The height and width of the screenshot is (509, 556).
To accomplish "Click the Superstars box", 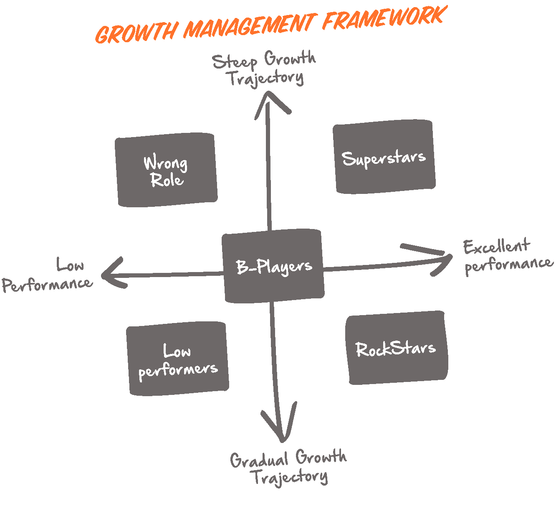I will coord(384,157).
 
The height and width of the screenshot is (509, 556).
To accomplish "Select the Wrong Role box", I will coord(166,170).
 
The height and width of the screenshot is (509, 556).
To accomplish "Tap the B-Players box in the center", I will coord(273,266).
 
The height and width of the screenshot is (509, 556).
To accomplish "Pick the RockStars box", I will coord(396,348).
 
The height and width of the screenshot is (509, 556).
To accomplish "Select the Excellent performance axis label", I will coord(507,256).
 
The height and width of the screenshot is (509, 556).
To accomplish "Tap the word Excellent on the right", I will coord(496,247).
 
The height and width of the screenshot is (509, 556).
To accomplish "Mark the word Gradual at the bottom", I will coord(259,460).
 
